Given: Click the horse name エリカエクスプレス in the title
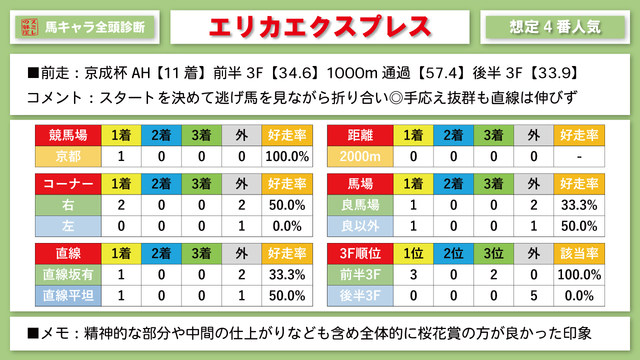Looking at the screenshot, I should click(319, 27).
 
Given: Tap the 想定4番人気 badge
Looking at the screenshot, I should click(555, 27).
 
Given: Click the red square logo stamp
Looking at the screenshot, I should click(30, 27).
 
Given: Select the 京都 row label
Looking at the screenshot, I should click(68, 156).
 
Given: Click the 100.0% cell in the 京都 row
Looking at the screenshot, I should click(287, 156).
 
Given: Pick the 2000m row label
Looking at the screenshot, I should click(360, 156).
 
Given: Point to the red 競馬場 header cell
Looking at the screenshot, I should click(68, 135).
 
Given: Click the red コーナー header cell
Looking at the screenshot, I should click(68, 184).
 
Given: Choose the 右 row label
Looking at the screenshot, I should click(68, 205).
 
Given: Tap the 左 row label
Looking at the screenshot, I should click(68, 226).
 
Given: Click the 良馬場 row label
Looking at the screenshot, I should click(360, 205).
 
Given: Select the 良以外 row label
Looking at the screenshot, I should click(360, 226).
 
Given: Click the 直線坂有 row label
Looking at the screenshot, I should click(68, 274).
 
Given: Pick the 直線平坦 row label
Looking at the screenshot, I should click(68, 295).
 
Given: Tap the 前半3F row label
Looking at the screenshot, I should click(360, 274).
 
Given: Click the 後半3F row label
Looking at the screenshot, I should click(360, 295).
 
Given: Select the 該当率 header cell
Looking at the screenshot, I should click(579, 253).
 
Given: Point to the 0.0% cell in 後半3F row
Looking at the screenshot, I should click(579, 295).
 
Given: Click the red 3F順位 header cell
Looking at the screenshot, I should click(360, 253).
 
